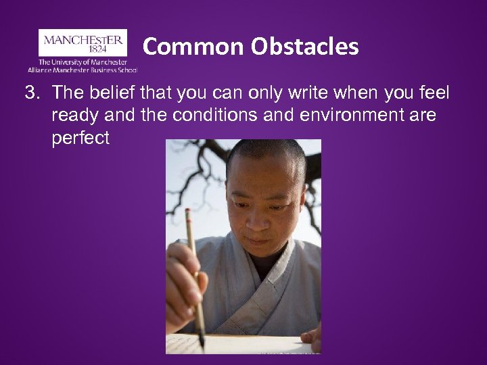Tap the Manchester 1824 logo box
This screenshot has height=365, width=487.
83,43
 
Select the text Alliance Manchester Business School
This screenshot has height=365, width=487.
83,69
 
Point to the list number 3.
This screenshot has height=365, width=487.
30,92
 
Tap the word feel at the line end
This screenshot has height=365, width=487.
434,92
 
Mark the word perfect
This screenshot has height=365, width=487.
80,139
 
